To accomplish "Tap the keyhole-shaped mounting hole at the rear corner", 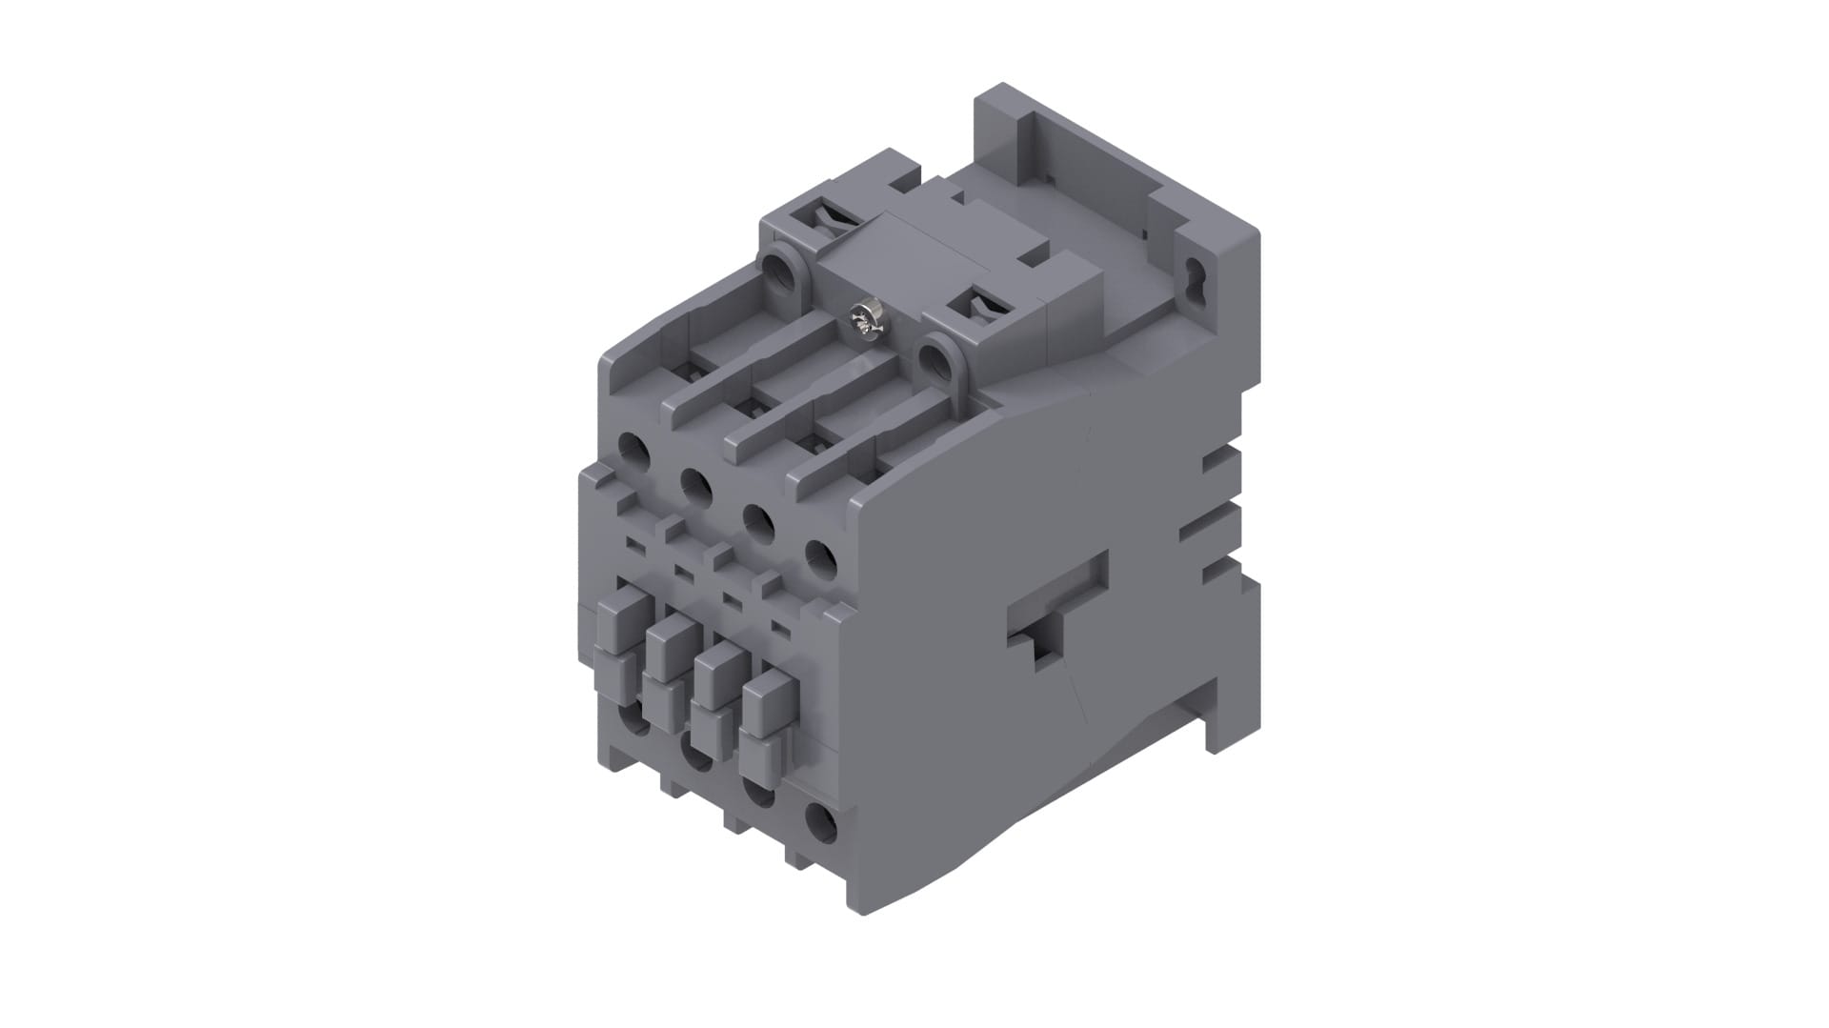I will point(1195,279).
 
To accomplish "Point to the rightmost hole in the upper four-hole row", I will point(820,561).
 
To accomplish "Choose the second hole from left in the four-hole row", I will point(696,487).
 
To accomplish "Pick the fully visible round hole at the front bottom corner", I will point(820,824).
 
